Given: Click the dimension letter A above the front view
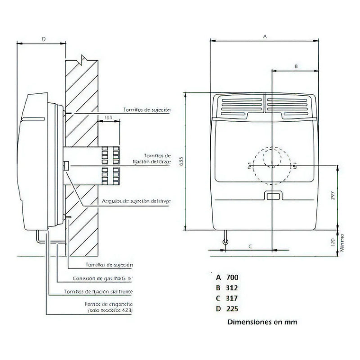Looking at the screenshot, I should point(265,36).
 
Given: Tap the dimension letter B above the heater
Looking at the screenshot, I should point(295,67).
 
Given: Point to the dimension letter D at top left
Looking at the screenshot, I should point(43,39).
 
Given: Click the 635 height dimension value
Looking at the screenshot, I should point(181,162).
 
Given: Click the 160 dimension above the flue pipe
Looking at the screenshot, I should point(108,117).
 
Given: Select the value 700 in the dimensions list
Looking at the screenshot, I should point(232,277).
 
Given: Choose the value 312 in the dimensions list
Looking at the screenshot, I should point(232,288).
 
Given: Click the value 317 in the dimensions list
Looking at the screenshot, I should point(232,298).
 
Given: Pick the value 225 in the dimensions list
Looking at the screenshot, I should point(232,309).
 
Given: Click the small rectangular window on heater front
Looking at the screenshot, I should point(272,196).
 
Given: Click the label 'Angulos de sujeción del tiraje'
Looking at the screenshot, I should point(136,201).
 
